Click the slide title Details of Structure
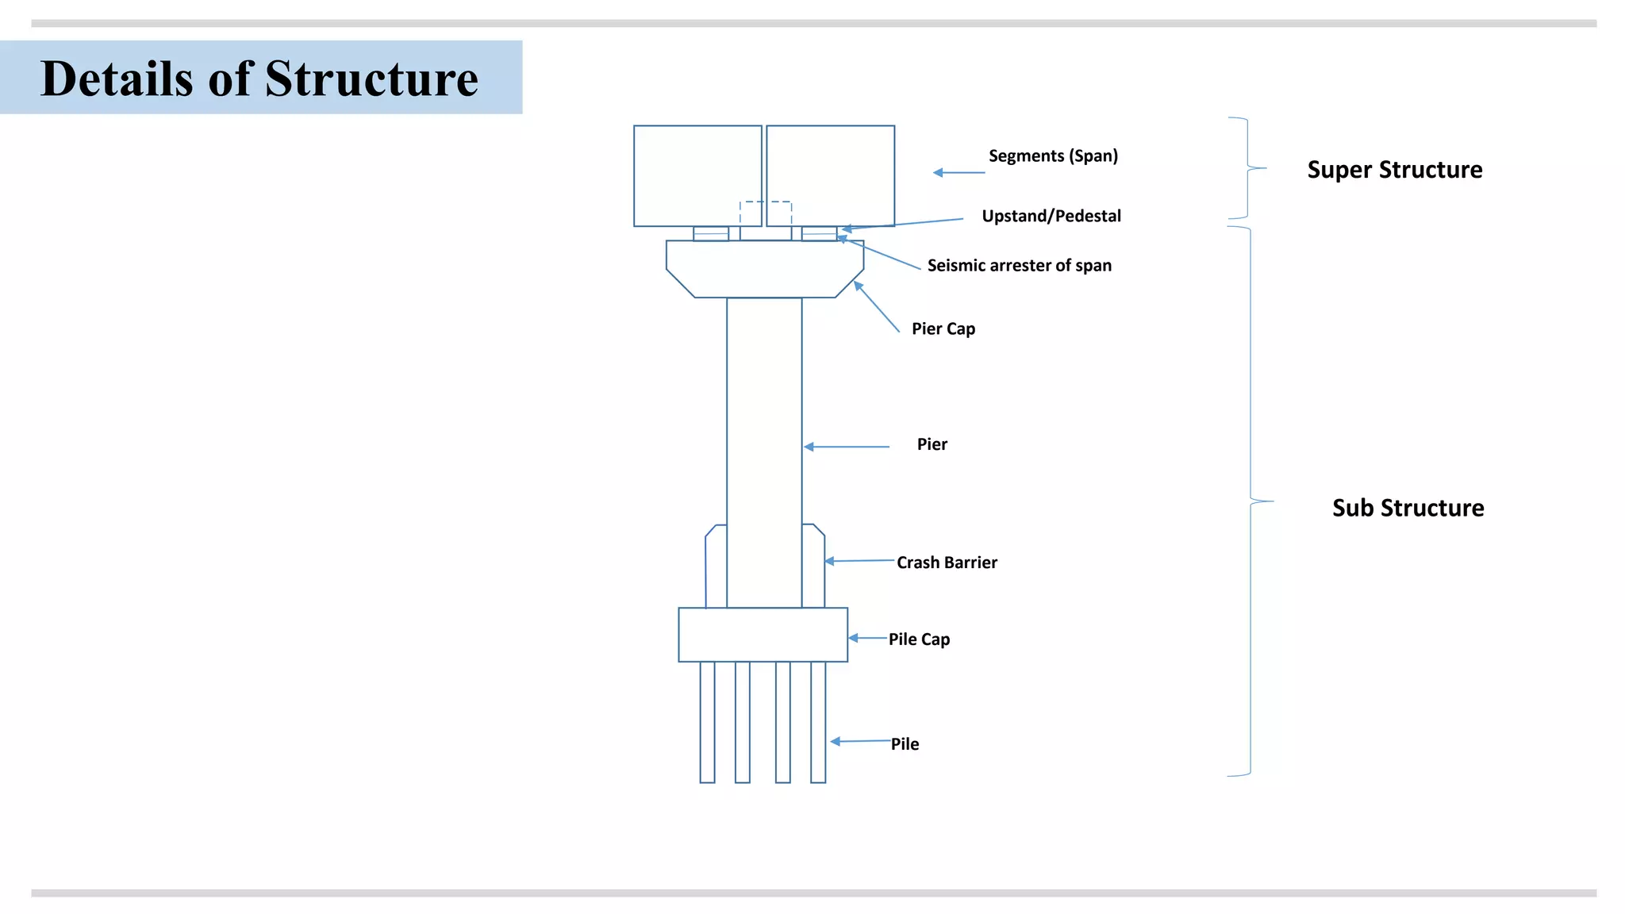pos(259,79)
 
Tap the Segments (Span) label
pos(1053,156)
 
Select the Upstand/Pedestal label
pos(1051,216)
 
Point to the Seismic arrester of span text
pos(1019,266)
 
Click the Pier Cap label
pos(943,328)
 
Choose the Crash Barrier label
pos(947,563)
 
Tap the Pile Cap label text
pos(919,639)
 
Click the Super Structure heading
pos(1394,170)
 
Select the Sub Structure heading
pos(1408,508)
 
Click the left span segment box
pos(697,175)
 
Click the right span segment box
pos(831,175)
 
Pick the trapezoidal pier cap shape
pos(764,269)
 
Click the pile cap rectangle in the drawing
pos(763,635)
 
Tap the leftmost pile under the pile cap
pos(707,722)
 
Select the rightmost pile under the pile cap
pos(818,722)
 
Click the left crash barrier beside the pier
pos(716,567)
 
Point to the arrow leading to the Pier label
pos(847,447)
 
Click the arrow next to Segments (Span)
pos(958,172)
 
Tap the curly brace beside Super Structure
pos(1247,168)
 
